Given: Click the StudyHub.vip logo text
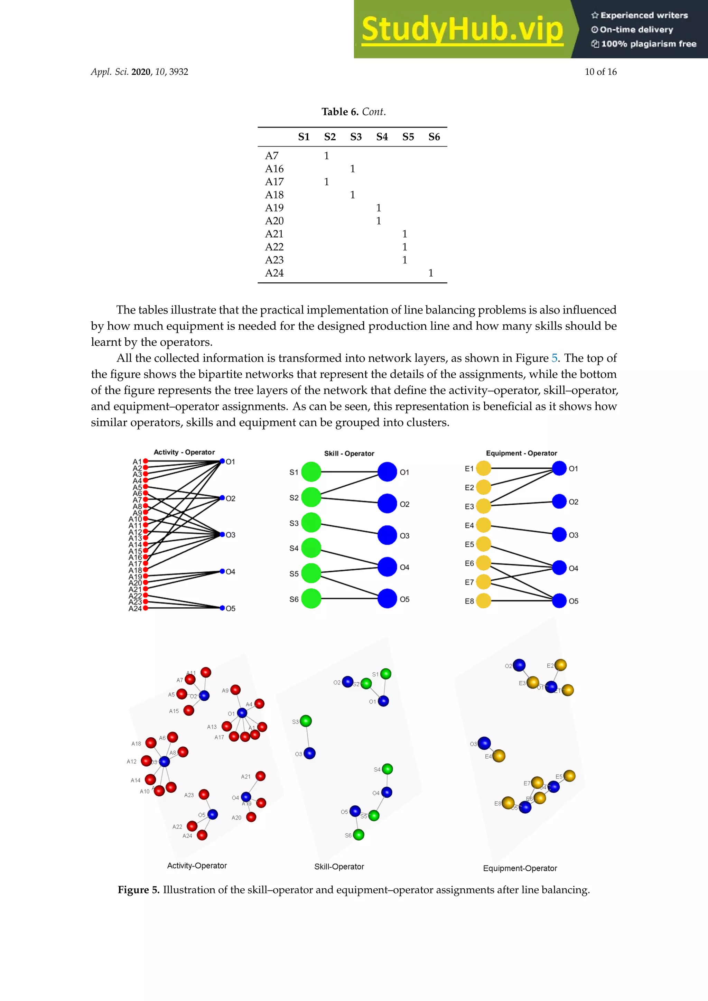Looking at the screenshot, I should coord(462,30).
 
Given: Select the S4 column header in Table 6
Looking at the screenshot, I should coord(382,137).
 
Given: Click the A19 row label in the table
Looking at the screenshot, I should coord(274,208).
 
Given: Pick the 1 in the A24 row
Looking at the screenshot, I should coord(431,273).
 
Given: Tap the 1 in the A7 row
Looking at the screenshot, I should coord(327,156).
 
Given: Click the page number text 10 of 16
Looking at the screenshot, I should coord(600,72).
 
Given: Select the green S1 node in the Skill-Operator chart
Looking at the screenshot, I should coord(311,472).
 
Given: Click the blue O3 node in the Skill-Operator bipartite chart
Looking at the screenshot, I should coord(387,535).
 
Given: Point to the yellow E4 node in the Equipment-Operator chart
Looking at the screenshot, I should coord(484,525).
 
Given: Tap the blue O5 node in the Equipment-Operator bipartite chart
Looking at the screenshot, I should coord(559,600).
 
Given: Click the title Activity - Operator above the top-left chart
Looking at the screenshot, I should coord(184,452).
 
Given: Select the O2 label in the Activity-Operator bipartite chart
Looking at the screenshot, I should coord(230,498).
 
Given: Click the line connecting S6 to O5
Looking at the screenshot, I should coord(349,599).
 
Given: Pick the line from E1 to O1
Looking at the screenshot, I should coord(521,468).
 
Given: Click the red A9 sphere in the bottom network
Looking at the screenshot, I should coord(235,690).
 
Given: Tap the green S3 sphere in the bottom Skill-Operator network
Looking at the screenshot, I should coord(306,721).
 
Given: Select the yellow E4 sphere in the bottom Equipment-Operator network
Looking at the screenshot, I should coord(499,756).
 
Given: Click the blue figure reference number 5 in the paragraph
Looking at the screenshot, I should coord(554,358).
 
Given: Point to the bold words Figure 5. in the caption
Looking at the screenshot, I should coord(139,890).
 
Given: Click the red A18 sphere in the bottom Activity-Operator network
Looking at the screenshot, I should coord(151,742).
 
